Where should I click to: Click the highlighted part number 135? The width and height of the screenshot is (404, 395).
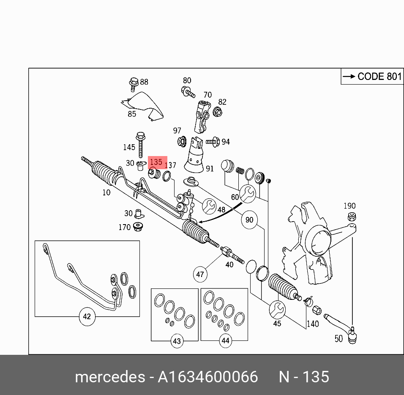[156, 162]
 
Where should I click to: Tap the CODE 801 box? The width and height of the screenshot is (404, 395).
[372, 77]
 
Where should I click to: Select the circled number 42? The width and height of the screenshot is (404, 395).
[87, 317]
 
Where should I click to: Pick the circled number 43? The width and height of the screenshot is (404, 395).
[177, 341]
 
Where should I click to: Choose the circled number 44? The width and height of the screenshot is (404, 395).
[225, 340]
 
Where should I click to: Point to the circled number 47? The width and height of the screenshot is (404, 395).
[200, 274]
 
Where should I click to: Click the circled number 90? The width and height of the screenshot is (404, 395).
[249, 220]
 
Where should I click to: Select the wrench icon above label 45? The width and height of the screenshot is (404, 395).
[277, 309]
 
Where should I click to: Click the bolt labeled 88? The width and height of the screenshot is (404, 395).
[134, 83]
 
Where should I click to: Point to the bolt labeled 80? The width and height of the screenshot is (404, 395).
[188, 91]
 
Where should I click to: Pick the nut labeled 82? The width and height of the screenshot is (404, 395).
[218, 112]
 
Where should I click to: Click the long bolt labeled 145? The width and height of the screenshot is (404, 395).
[140, 144]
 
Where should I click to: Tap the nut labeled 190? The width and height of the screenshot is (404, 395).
[350, 217]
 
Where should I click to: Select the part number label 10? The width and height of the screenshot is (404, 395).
[106, 192]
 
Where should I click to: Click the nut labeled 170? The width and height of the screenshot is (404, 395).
[138, 227]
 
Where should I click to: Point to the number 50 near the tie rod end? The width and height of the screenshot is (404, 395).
[338, 339]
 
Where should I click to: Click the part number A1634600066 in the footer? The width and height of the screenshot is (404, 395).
[207, 377]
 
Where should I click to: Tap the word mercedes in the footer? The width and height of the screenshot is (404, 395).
[110, 377]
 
